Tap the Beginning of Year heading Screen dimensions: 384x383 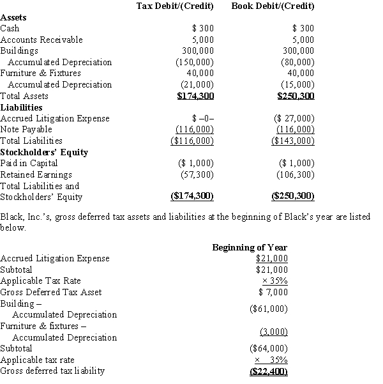click(x=250, y=247)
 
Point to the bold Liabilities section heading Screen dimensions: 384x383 click(x=21, y=107)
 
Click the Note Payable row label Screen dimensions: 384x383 click(x=26, y=129)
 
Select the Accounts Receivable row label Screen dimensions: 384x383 click(x=41, y=40)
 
